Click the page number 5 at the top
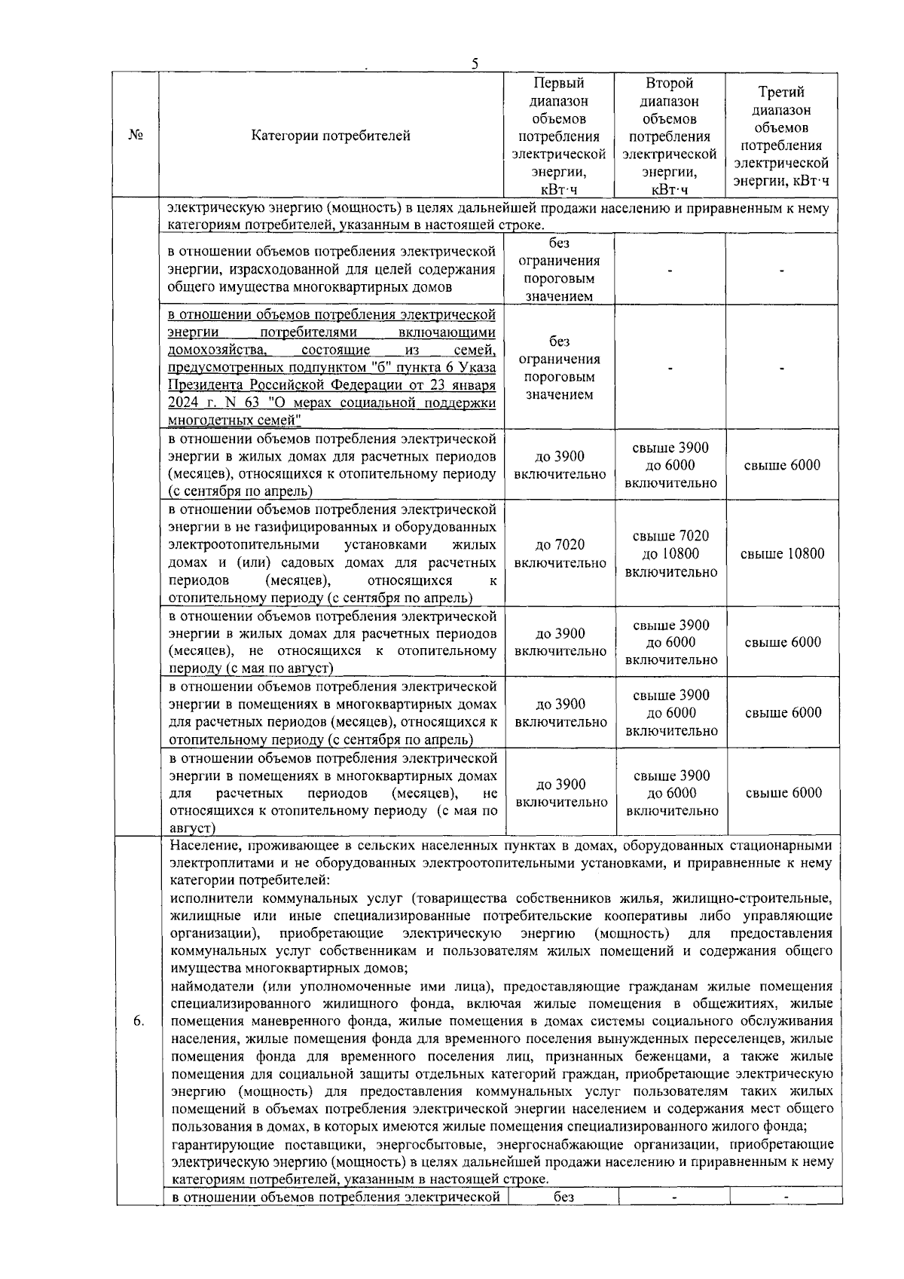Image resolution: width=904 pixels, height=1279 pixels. pyautogui.click(x=475, y=63)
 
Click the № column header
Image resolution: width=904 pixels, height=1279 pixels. pyautogui.click(x=136, y=135)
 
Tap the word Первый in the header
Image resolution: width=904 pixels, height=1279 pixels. pyautogui.click(x=558, y=83)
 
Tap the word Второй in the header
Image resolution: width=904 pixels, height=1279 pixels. pyautogui.click(x=669, y=83)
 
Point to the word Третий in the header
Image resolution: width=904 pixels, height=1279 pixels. pyautogui.click(x=781, y=92)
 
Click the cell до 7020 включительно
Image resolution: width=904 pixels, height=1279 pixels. pyautogui.click(x=560, y=554)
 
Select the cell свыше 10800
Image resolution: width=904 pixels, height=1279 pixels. pyautogui.click(x=782, y=554)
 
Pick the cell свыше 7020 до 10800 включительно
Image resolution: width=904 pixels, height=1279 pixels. pyautogui.click(x=670, y=554)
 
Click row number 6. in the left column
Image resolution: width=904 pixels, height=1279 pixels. pyautogui.click(x=138, y=1021)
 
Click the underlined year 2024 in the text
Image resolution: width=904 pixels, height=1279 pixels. pyautogui.click(x=182, y=403)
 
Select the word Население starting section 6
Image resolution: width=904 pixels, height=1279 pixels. pyautogui.click(x=201, y=846)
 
